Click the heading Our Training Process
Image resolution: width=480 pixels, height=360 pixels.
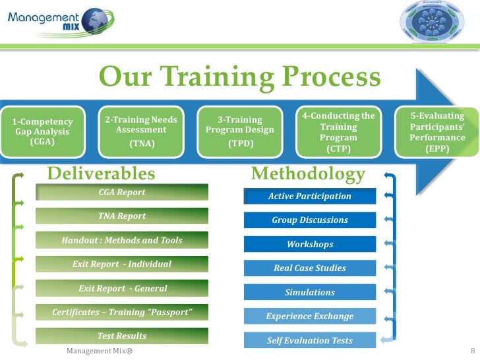(x=239, y=78)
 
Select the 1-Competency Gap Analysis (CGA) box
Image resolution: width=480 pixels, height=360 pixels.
(x=42, y=131)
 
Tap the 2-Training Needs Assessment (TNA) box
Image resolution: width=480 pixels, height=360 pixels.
(x=140, y=131)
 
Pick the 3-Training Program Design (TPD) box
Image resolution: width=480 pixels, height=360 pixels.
(x=240, y=131)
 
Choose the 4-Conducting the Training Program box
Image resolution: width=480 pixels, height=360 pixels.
(x=338, y=133)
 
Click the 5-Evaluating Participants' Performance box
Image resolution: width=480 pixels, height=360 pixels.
(x=436, y=133)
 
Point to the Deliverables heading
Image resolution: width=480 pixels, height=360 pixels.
(x=102, y=173)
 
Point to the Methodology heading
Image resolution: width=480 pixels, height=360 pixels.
(x=308, y=174)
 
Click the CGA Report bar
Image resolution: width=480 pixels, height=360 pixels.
(x=122, y=193)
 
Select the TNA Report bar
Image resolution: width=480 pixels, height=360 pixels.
(x=122, y=216)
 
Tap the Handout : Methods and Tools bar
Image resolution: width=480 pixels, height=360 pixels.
(x=122, y=241)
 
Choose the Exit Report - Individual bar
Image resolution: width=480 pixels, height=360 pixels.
(x=122, y=264)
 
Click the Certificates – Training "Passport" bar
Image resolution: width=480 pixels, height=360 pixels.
(x=122, y=312)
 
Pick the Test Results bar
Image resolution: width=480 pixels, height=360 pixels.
(x=122, y=336)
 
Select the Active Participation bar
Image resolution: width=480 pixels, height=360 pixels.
(x=310, y=196)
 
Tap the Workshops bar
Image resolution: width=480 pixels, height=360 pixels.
(x=310, y=245)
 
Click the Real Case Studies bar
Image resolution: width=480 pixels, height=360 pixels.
(x=310, y=268)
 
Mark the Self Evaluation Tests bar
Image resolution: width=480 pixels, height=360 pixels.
(x=310, y=341)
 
